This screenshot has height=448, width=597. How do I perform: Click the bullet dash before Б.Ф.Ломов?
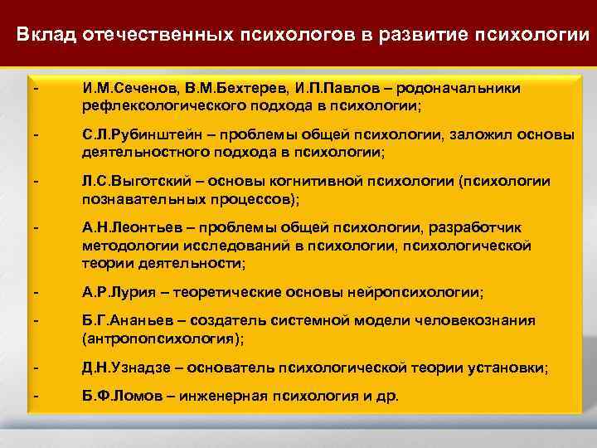(x=36, y=397)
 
